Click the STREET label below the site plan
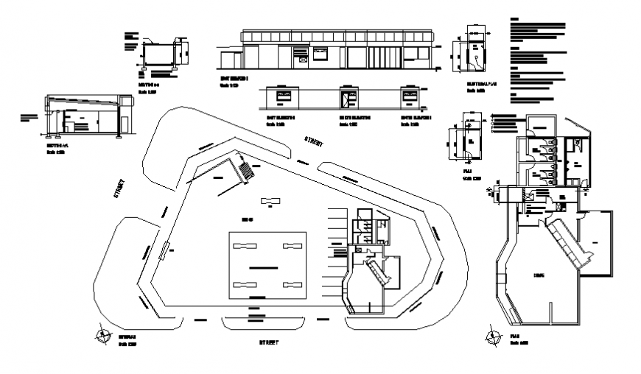tap(269, 342)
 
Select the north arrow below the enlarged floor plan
tap(491, 337)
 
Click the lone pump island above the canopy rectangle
tap(270, 201)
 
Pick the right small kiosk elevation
tap(410, 96)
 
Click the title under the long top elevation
tap(234, 77)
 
